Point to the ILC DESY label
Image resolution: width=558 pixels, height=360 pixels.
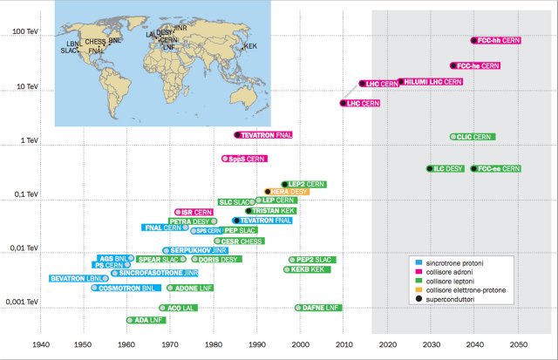(x=447, y=168)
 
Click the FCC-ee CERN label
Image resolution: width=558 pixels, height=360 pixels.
(x=498, y=168)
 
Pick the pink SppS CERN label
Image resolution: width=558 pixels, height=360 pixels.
(x=246, y=159)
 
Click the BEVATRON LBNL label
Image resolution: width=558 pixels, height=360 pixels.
(x=78, y=278)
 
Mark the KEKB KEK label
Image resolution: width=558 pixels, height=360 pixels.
(x=309, y=270)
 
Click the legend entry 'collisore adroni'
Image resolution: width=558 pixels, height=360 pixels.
(x=455, y=271)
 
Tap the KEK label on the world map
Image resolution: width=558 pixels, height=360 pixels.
(x=251, y=46)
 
